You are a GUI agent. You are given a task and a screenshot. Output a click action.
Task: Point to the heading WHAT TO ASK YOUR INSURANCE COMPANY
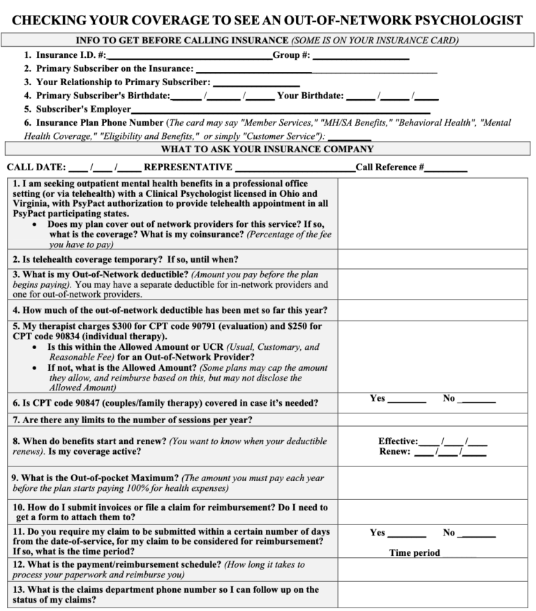[267, 149]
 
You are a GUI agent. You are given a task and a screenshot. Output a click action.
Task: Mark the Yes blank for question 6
[407, 401]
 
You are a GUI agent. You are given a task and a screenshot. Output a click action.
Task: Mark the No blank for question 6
[479, 401]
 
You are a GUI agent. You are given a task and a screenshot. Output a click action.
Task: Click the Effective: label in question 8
[398, 441]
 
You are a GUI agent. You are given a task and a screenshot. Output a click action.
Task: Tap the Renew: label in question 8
[395, 452]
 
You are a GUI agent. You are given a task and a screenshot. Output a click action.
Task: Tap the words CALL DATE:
[36, 168]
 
